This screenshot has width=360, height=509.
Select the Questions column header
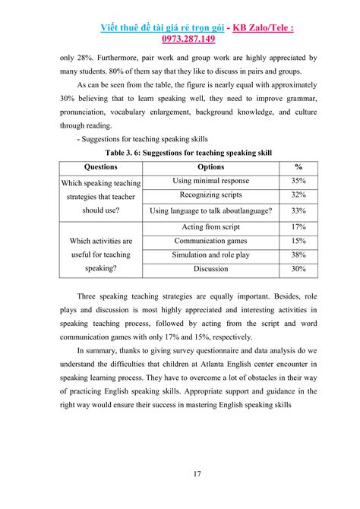click(101, 167)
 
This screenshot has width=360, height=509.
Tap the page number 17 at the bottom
click(197, 475)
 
